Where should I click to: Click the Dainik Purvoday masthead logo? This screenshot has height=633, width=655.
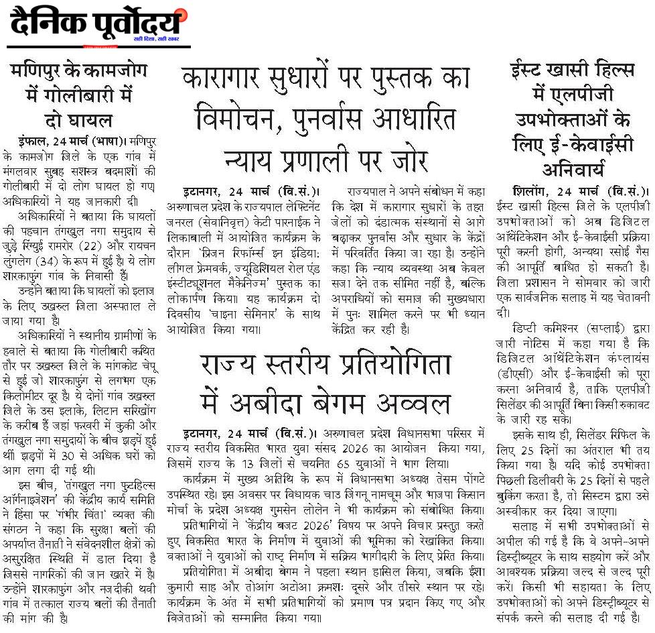98,25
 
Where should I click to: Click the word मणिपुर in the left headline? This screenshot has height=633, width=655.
39,72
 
